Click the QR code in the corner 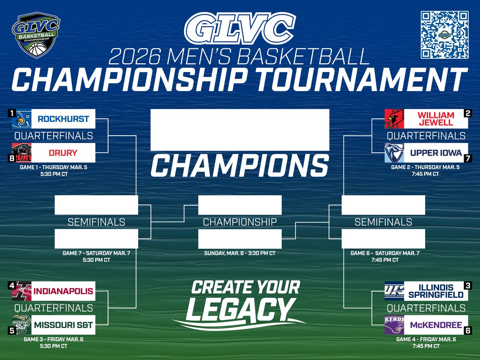(444, 35)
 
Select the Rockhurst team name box (63, 119)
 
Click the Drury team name (63, 153)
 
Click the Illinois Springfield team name (436, 291)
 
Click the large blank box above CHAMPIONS (240, 130)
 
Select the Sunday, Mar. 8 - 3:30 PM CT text (240, 253)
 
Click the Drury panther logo (22, 152)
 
